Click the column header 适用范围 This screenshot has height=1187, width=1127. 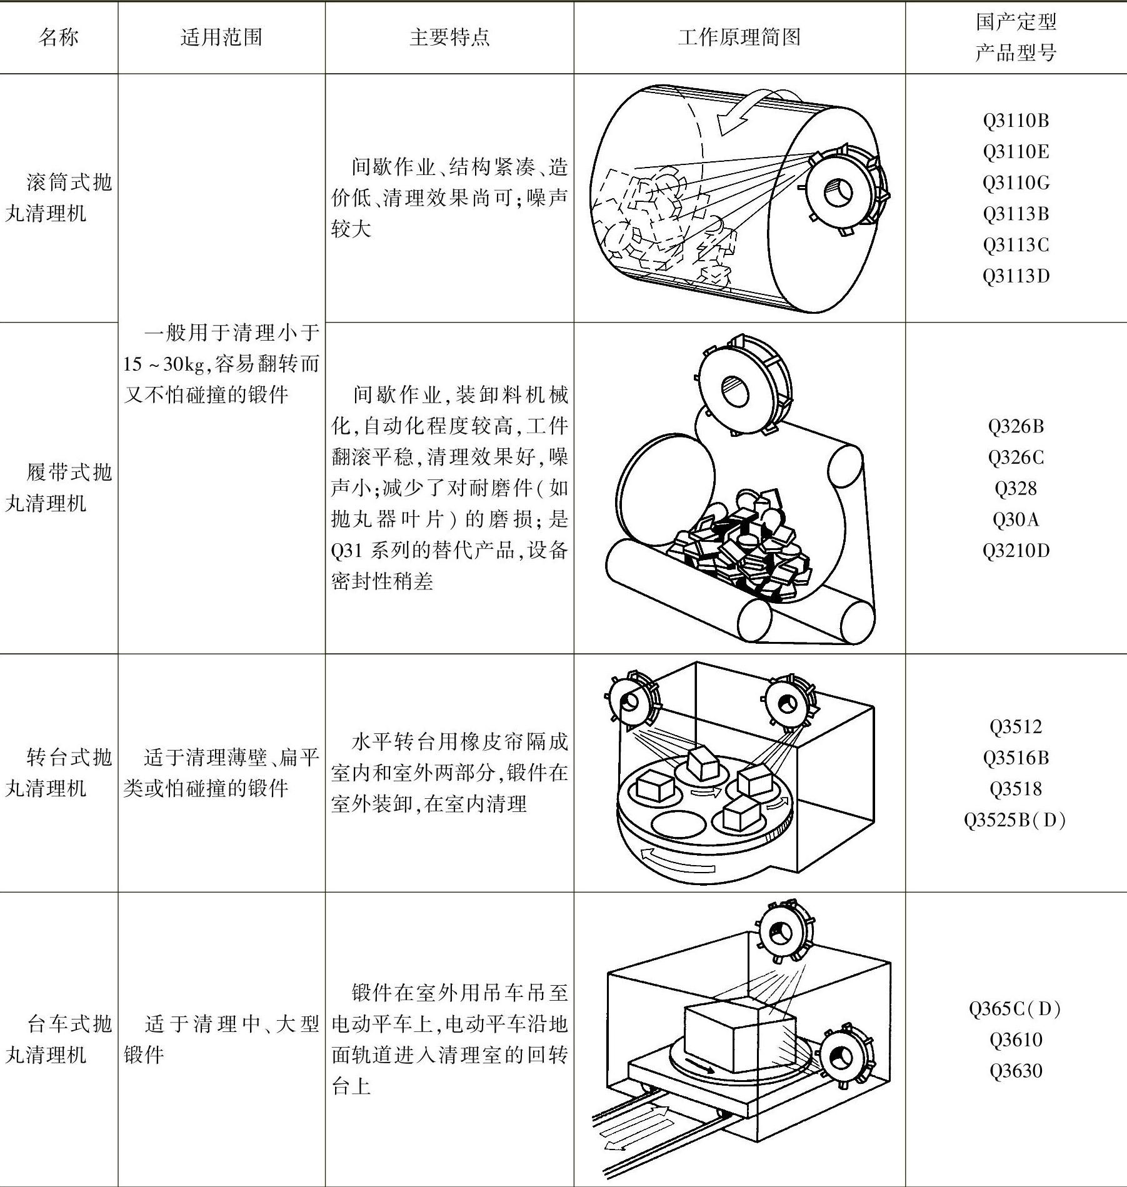pyautogui.click(x=221, y=38)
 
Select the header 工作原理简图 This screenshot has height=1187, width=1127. pyautogui.click(x=739, y=38)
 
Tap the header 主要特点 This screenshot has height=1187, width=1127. pyautogui.click(x=449, y=38)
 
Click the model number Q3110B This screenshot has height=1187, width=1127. pyautogui.click(x=1016, y=120)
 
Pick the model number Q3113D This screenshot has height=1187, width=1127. pyautogui.click(x=1016, y=276)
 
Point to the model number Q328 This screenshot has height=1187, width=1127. pyautogui.click(x=1016, y=488)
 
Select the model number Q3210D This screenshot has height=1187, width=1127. pyautogui.click(x=1016, y=551)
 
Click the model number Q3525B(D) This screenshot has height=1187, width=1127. pyautogui.click(x=1016, y=819)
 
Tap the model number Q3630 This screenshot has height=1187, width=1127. pyautogui.click(x=1016, y=1071)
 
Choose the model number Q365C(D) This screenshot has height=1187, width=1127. pyautogui.click(x=1016, y=1008)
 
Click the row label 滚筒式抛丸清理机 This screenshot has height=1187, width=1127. pyautogui.click(x=59, y=198)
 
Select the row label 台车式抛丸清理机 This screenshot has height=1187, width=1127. pyautogui.click(x=59, y=1039)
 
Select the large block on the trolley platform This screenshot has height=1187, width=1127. pyautogui.click(x=738, y=1034)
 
